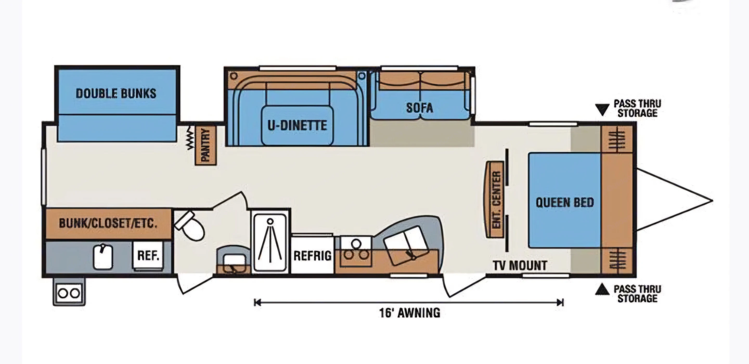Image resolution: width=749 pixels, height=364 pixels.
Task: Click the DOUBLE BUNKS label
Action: coord(116,94)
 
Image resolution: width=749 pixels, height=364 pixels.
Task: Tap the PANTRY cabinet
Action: coord(205,145)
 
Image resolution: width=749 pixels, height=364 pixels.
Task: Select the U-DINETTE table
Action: coord(297,125)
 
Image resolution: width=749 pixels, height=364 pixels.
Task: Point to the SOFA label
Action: coord(419,108)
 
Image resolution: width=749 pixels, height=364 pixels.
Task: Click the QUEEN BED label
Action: coord(565,202)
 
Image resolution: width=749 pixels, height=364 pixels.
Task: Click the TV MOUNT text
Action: coord(520,265)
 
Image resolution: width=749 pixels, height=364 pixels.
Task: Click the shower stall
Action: coord(270,243)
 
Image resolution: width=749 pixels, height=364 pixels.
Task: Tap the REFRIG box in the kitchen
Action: coord(312,255)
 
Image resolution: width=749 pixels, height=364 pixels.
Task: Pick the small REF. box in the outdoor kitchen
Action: coord(148,256)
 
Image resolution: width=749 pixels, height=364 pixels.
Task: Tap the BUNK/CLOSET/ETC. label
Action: coord(108,223)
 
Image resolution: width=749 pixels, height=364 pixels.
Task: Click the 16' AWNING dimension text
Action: coord(409,313)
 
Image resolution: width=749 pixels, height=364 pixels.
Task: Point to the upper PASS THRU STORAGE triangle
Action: coord(602,109)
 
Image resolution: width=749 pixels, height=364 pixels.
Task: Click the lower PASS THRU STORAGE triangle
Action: coord(602,290)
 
